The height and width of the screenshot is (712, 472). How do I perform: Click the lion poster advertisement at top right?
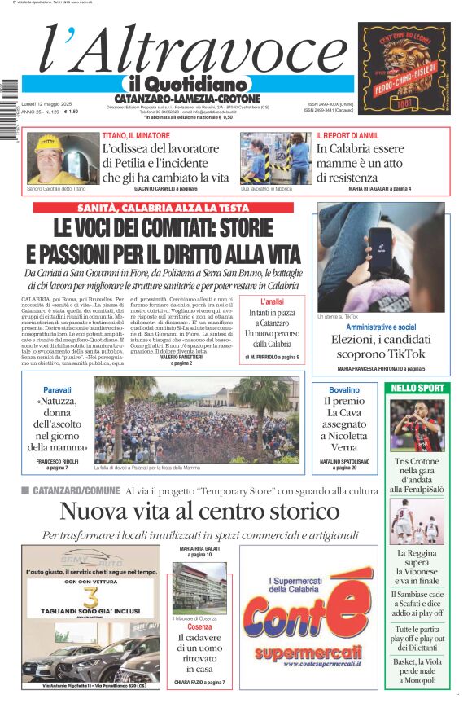point(404,68)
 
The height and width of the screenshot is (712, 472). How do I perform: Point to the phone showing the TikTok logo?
point(381,244)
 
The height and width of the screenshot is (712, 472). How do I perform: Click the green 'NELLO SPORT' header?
point(417,388)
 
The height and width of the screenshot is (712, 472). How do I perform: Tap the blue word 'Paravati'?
point(57,390)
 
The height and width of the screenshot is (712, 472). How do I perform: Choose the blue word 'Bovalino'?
point(339,390)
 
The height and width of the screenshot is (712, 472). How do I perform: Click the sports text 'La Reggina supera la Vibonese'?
point(417,567)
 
